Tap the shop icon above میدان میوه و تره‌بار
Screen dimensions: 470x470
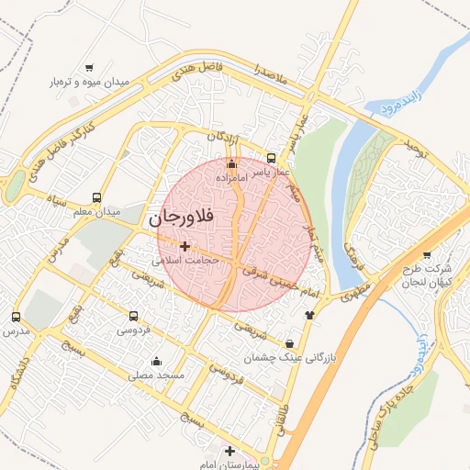click(x=89, y=67)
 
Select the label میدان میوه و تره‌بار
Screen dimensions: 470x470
click(x=89, y=83)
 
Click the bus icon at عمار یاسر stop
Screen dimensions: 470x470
click(x=270, y=157)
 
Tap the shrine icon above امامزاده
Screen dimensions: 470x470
click(x=231, y=163)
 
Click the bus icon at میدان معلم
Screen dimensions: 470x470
click(x=97, y=197)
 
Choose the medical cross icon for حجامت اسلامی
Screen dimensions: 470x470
click(x=185, y=246)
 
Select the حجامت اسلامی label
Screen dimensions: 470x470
click(x=185, y=261)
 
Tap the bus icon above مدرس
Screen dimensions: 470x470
click(x=16, y=317)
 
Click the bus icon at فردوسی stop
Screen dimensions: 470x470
click(x=135, y=315)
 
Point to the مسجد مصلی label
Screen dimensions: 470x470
click(x=158, y=375)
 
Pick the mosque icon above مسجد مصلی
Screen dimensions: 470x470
click(x=156, y=361)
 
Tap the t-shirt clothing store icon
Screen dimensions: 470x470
click(x=308, y=315)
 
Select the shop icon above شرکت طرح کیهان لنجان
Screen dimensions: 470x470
click(x=427, y=255)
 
